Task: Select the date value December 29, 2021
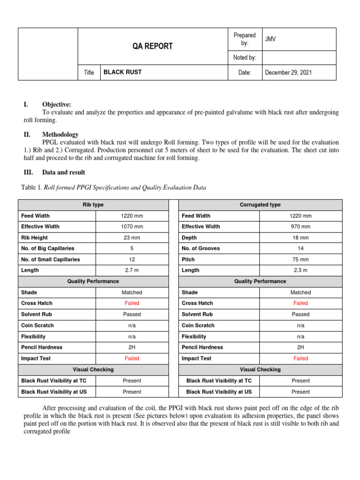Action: (288, 73)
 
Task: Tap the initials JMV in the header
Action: (270, 39)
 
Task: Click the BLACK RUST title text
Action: (122, 72)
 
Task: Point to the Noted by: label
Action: (244, 58)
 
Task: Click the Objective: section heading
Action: (57, 105)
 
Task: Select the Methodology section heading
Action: (60, 135)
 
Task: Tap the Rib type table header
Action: (93, 205)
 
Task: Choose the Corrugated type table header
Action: (260, 205)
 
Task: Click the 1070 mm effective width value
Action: (132, 227)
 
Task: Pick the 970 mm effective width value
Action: (300, 227)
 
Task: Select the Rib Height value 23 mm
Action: (132, 238)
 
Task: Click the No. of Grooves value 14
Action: (300, 248)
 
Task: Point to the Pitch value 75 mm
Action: (300, 259)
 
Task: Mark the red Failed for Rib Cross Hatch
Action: (132, 303)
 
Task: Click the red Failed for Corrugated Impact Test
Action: (300, 359)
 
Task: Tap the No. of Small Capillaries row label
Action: (51, 259)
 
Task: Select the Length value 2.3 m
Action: (300, 270)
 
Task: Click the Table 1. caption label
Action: (32, 188)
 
